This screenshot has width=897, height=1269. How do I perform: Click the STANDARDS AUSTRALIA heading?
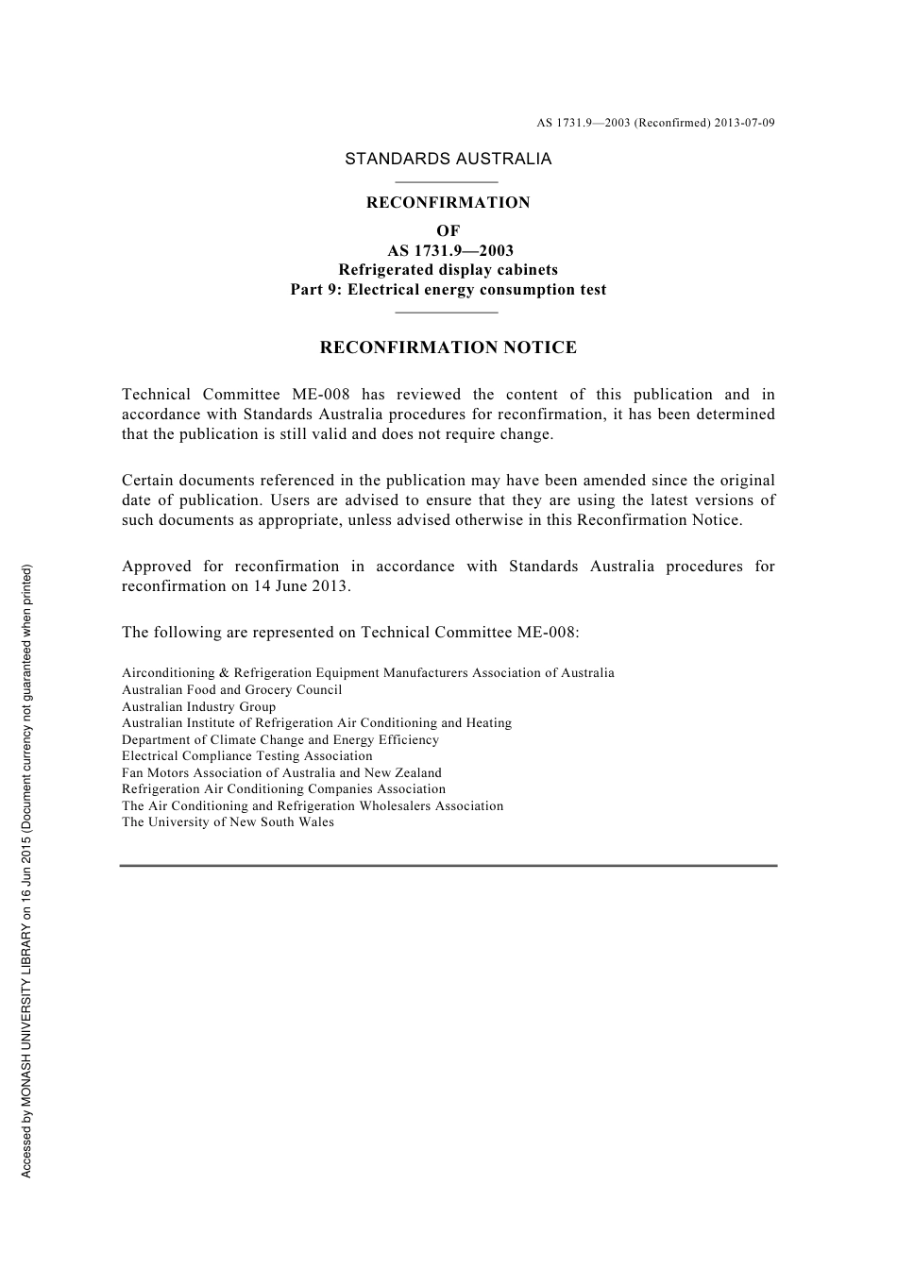(x=448, y=159)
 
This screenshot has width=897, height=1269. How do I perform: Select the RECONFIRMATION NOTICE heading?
(x=448, y=347)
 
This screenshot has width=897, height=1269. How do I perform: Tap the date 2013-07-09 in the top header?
(x=744, y=123)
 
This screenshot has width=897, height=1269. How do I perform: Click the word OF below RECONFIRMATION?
(x=448, y=230)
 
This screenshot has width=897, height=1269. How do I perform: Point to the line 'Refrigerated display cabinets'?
(x=448, y=270)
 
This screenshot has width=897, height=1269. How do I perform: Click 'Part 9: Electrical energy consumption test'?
(x=448, y=290)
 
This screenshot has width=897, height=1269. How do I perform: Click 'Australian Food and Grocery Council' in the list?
(x=231, y=690)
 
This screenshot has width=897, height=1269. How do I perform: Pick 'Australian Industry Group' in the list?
(x=198, y=706)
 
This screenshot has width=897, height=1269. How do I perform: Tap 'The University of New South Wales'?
(x=228, y=822)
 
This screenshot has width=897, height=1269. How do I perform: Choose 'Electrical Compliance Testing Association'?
(x=246, y=756)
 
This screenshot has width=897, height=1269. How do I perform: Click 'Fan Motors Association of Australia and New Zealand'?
(x=281, y=772)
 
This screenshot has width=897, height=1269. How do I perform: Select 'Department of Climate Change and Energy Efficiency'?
(x=280, y=740)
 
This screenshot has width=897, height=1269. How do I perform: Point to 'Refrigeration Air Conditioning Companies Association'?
(x=283, y=789)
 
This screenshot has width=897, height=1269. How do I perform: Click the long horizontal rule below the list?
(x=448, y=865)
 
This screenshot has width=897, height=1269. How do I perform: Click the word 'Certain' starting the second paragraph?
(x=147, y=481)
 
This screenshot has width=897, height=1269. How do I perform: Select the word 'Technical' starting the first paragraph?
(x=156, y=395)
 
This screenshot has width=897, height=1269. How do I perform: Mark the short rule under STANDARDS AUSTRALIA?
(x=446, y=181)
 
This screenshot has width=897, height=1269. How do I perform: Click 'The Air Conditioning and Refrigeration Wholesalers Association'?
(x=313, y=806)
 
